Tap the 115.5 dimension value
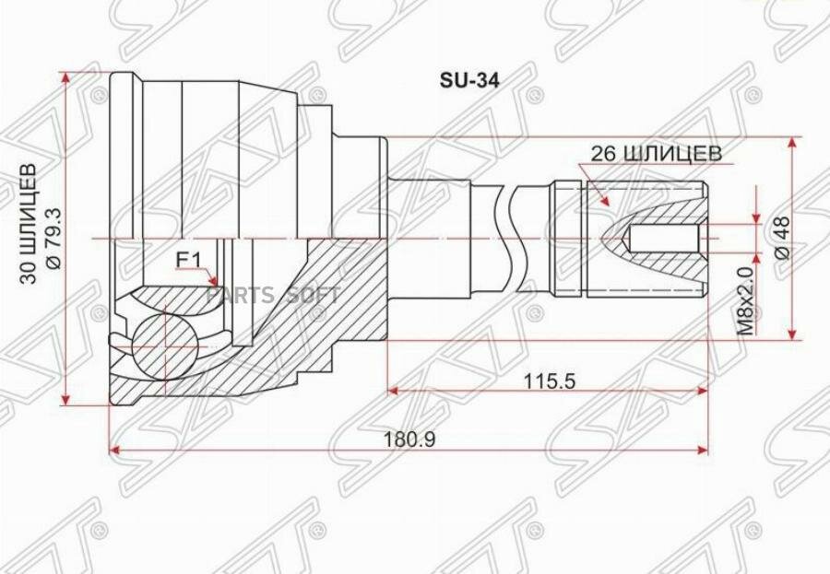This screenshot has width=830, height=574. point(549,381)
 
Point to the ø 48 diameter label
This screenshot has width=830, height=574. point(783,238)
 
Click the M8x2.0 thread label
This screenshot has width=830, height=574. point(745,300)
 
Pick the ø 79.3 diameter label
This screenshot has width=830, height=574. point(54,238)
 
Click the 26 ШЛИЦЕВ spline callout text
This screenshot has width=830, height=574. point(656,154)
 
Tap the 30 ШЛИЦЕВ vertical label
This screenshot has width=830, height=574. point(30,224)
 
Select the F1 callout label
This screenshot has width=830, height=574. point(188,260)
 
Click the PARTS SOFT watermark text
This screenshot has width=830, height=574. point(273,295)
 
